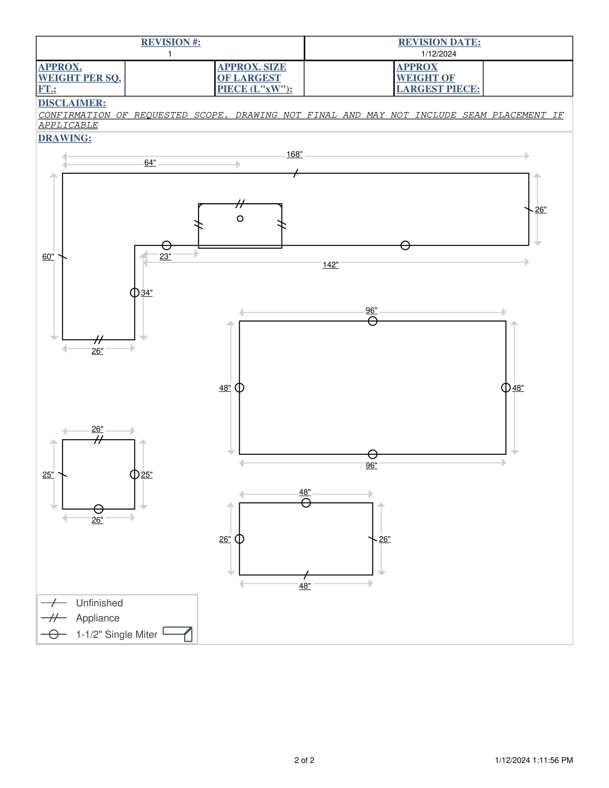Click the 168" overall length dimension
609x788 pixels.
click(x=295, y=154)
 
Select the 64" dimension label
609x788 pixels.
click(x=150, y=163)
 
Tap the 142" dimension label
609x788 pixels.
click(x=331, y=265)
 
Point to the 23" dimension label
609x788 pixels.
click(x=165, y=256)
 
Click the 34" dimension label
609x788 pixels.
click(x=146, y=293)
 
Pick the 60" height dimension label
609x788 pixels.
click(x=48, y=257)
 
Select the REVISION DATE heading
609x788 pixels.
click(x=439, y=42)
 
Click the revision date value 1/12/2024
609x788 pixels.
click(x=439, y=54)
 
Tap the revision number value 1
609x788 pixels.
click(x=170, y=54)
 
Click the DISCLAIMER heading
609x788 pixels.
click(x=72, y=103)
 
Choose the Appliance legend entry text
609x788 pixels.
click(x=97, y=618)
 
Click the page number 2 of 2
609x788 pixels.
click(x=304, y=760)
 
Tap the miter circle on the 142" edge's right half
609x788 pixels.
click(x=405, y=245)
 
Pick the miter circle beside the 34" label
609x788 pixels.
click(x=134, y=292)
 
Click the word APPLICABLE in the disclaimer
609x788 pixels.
click(x=68, y=125)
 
